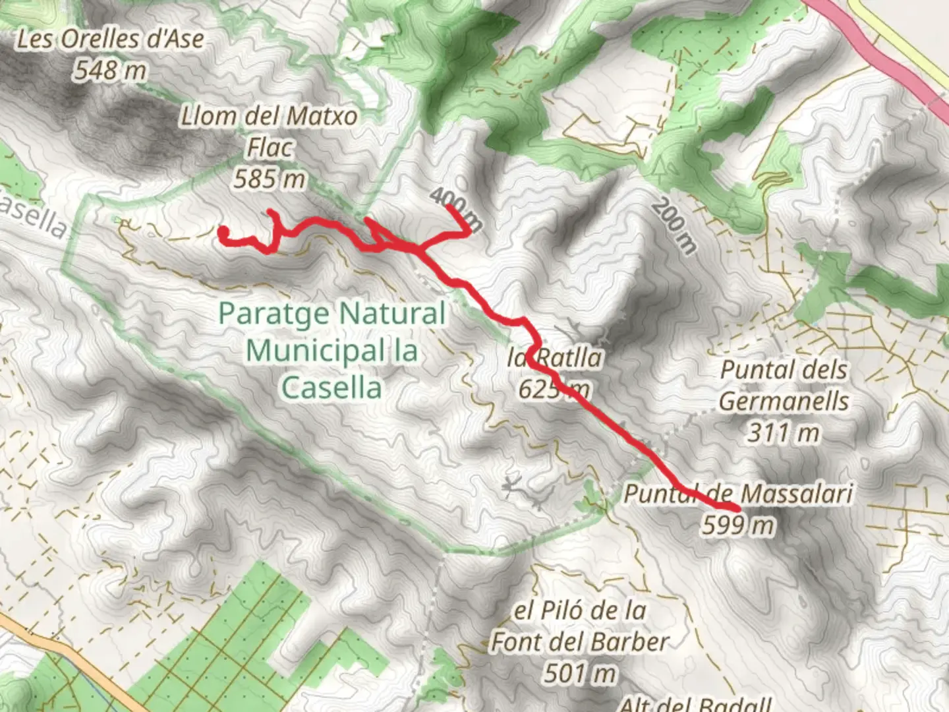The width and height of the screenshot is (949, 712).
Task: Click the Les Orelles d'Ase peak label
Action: (x=110, y=39)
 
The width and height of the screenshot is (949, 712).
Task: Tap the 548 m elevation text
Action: (x=110, y=69)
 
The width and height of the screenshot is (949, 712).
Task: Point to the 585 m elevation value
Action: (x=269, y=178)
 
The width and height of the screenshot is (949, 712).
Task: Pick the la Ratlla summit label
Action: (x=555, y=358)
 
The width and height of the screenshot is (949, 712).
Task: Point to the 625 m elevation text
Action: (x=554, y=389)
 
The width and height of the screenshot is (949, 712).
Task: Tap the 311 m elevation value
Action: (x=783, y=433)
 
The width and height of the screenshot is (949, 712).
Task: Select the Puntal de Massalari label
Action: (x=738, y=492)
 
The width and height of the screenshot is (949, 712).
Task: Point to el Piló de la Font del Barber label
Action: (x=580, y=626)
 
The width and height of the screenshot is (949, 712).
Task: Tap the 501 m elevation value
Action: (x=580, y=673)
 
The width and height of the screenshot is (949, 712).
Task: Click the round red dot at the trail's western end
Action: (x=223, y=231)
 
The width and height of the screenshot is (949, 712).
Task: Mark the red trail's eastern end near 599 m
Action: (x=736, y=507)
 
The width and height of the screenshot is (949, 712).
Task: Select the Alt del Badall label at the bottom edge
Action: (x=695, y=704)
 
